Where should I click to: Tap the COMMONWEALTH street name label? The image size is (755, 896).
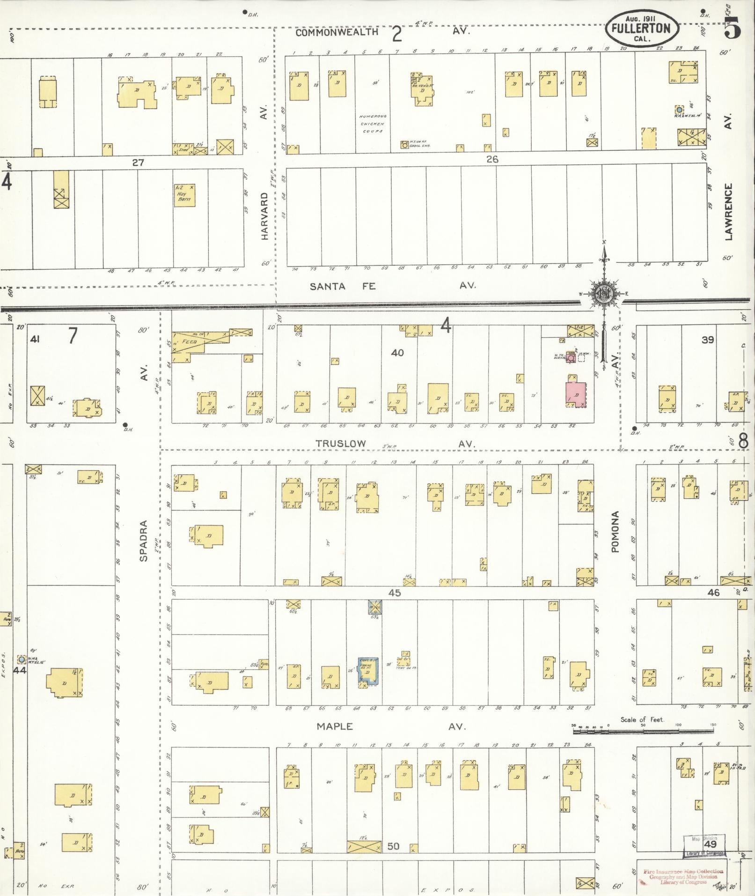pyautogui.click(x=337, y=32)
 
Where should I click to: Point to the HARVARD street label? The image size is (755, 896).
pyautogui.click(x=264, y=216)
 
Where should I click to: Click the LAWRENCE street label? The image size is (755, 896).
pyautogui.click(x=728, y=212)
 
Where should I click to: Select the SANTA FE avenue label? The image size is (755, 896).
pyautogui.click(x=343, y=286)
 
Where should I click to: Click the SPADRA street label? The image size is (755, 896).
pyautogui.click(x=144, y=541)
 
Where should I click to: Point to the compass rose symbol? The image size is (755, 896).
pyautogui.click(x=603, y=293)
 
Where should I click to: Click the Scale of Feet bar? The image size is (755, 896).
pyautogui.click(x=644, y=726)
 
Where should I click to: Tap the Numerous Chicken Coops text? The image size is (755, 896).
pyautogui.click(x=372, y=124)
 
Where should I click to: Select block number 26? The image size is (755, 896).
pyautogui.click(x=491, y=159)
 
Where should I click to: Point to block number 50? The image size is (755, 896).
pyautogui.click(x=394, y=846)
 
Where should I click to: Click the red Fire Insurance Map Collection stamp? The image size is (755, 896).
pyautogui.click(x=683, y=876)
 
